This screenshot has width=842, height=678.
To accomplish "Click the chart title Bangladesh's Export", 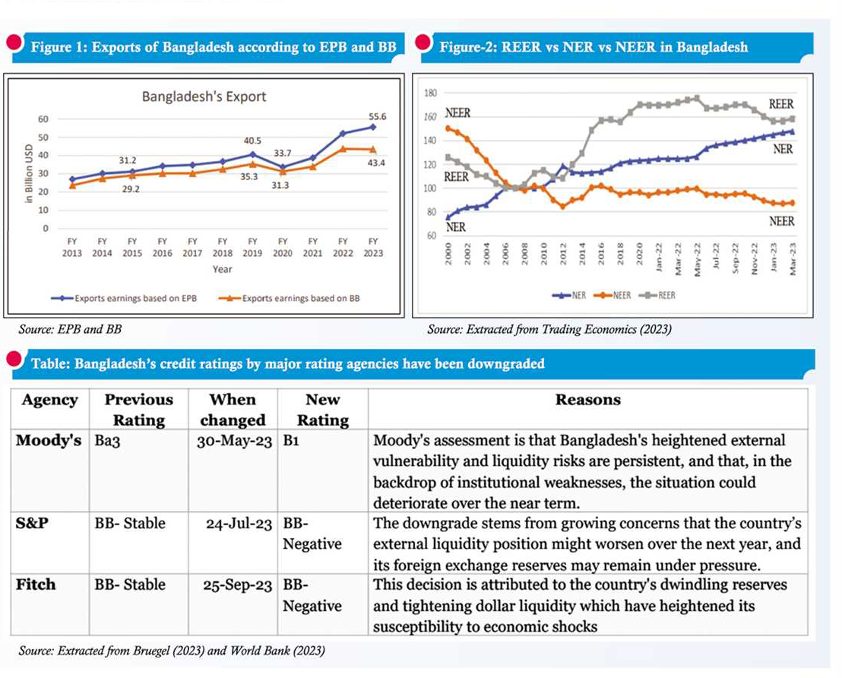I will [204, 97].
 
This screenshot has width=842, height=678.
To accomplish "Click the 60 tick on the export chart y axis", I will [43, 119].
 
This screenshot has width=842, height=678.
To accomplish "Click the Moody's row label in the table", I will [49, 441].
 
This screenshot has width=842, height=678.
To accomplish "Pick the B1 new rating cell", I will [291, 441].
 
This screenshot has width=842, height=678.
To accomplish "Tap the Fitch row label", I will [36, 585].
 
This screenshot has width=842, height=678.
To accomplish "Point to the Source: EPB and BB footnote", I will [74, 330].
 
